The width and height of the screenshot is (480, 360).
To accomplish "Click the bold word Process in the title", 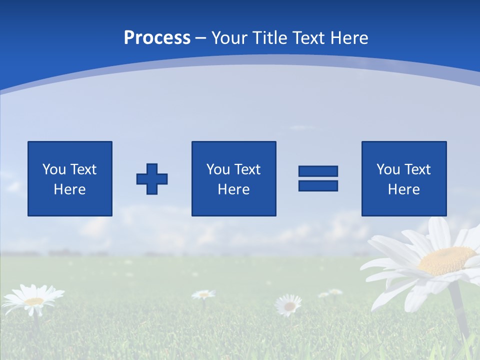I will click(157, 38).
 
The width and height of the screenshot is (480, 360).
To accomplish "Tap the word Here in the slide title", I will click(348, 38).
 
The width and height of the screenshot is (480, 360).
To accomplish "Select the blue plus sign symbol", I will click(152, 179).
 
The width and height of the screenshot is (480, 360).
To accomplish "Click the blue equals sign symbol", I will click(318, 178).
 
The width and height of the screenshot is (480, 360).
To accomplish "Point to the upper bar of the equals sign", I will click(318, 171).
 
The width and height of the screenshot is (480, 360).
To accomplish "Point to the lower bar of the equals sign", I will click(318, 185).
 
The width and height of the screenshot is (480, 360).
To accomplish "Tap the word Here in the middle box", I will click(233, 189).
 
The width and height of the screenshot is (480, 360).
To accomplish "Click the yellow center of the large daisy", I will click(446, 260).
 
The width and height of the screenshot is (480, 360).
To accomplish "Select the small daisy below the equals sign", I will click(289, 304).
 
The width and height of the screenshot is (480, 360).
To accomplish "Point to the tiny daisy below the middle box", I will click(203, 294).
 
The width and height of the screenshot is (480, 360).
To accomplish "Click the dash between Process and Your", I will click(201, 38).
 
